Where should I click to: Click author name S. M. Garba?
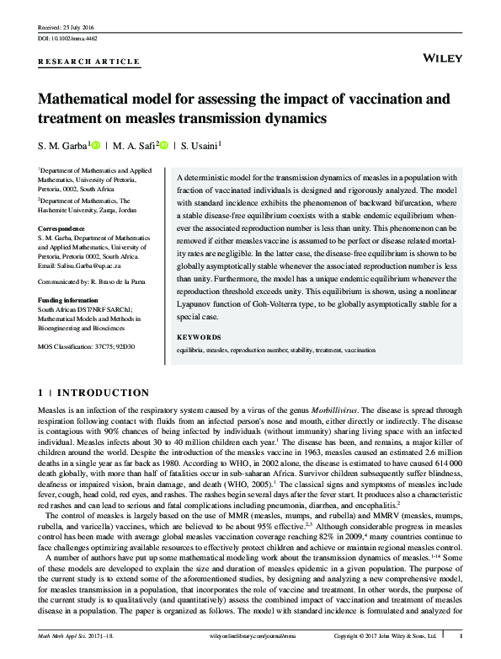[61, 147]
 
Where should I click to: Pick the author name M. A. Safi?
[133, 147]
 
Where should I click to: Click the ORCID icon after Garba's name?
[95, 146]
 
